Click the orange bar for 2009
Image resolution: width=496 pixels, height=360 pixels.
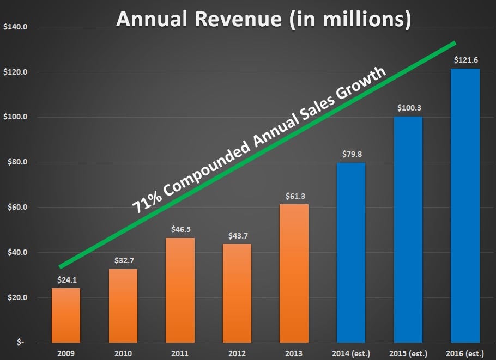[x=66, y=315]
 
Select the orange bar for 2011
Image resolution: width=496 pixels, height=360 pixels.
[x=180, y=290]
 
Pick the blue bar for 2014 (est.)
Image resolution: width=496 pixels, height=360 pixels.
[x=351, y=253]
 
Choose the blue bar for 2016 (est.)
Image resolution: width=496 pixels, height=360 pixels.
[x=465, y=205]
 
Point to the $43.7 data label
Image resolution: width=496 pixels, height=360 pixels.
[x=237, y=237]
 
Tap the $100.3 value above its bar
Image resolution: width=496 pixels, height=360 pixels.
[x=408, y=108]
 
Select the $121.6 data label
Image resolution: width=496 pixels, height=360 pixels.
[x=465, y=60]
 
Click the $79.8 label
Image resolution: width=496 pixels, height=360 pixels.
[x=351, y=154]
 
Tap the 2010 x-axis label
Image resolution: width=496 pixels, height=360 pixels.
[x=123, y=353]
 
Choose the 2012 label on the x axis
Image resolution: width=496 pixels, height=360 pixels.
[x=237, y=353]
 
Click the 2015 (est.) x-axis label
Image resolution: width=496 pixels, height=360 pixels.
[x=408, y=353]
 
